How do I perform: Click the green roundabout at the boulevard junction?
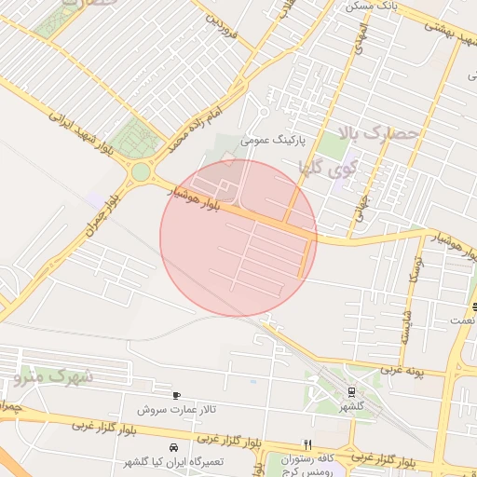click(141, 171)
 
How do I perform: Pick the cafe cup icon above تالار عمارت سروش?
click(177, 396)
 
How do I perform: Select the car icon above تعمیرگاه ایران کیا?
click(173, 447)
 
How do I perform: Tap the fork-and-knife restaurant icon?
click(308, 444)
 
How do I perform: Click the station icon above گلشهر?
click(350, 392)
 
